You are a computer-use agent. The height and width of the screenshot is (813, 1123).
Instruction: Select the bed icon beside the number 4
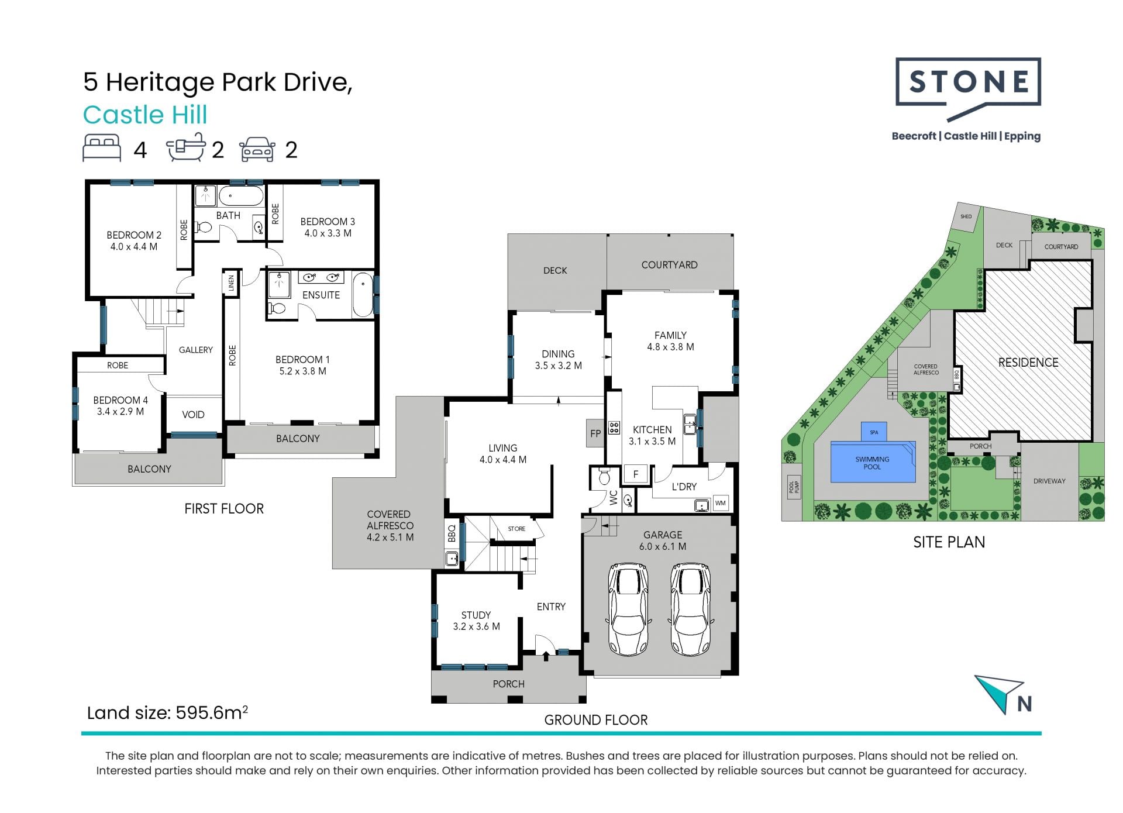pyautogui.click(x=102, y=148)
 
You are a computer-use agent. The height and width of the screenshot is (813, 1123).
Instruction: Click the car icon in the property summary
pyautogui.click(x=257, y=150)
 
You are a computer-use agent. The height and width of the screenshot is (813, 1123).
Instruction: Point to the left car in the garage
pyautogui.click(x=628, y=609)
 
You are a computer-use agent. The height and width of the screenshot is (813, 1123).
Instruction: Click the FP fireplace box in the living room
pyautogui.click(x=595, y=433)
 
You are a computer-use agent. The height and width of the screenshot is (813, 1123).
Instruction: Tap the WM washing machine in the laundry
pyautogui.click(x=721, y=503)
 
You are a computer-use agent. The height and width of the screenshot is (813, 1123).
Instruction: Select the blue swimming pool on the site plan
pyautogui.click(x=873, y=461)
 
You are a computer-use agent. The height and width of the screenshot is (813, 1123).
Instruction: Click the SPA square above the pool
pyautogui.click(x=874, y=432)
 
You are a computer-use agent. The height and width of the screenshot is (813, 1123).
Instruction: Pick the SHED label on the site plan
pyautogui.click(x=966, y=216)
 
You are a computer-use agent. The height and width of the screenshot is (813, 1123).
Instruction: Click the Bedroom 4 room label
pyautogui.click(x=120, y=405)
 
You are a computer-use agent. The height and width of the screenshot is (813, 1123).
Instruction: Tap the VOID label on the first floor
pyautogui.click(x=193, y=415)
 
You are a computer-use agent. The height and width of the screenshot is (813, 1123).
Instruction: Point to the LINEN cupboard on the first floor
pyautogui.click(x=232, y=283)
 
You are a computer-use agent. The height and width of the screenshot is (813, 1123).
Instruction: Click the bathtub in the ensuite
pyautogui.click(x=363, y=294)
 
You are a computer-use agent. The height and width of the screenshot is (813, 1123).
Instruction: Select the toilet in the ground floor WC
pyautogui.click(x=604, y=477)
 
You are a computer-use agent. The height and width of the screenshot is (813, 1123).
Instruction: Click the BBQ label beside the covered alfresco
pyautogui.click(x=452, y=533)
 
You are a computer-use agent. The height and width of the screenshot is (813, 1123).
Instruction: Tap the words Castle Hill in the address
pyautogui.click(x=145, y=115)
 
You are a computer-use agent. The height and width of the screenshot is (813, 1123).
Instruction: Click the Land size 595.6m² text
pyautogui.click(x=167, y=712)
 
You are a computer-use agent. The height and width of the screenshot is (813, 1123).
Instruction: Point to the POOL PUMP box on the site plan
pyautogui.click(x=794, y=485)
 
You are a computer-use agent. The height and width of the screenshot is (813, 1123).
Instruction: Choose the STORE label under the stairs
pyautogui.click(x=516, y=529)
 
